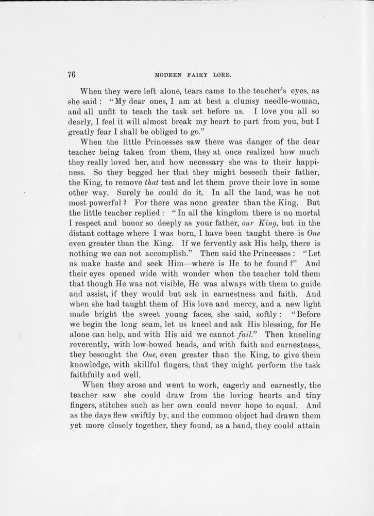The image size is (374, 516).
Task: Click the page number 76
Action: (x=72, y=74)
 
